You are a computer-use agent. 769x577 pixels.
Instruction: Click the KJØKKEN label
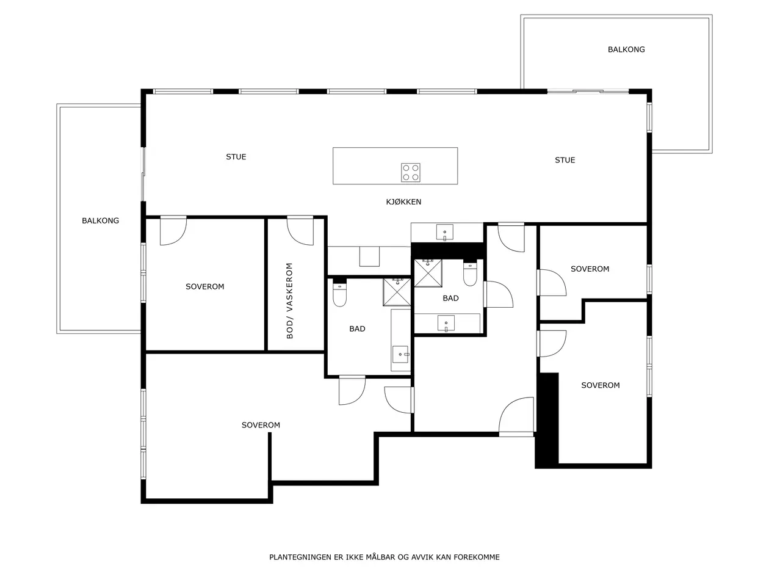click(403, 201)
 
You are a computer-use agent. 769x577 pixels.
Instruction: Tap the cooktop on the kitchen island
click(411, 173)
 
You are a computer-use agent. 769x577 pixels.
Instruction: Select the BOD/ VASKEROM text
click(289, 300)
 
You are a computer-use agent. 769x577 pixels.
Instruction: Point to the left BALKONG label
click(100, 220)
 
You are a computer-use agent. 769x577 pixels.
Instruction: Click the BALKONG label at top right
click(626, 49)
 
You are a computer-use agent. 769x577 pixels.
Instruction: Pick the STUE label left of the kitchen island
click(236, 156)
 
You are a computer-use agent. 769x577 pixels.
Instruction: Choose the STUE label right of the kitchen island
click(565, 160)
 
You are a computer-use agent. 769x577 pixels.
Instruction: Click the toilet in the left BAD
click(339, 295)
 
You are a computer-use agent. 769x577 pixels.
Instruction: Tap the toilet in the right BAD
click(470, 274)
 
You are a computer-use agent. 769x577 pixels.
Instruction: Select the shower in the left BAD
click(397, 292)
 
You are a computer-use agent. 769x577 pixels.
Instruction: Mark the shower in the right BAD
click(428, 274)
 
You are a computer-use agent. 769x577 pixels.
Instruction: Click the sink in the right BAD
click(446, 323)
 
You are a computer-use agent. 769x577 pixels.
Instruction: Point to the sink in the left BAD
click(400, 354)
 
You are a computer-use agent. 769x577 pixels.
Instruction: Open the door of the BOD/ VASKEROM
click(300, 231)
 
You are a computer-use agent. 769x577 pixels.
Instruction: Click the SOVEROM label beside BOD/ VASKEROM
click(204, 286)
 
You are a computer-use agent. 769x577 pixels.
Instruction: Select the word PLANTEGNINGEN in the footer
click(300, 557)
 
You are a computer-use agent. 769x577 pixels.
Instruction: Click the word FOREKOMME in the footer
click(477, 557)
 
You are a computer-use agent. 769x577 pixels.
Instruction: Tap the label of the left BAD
click(357, 328)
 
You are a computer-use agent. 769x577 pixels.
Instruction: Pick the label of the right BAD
click(450, 298)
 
